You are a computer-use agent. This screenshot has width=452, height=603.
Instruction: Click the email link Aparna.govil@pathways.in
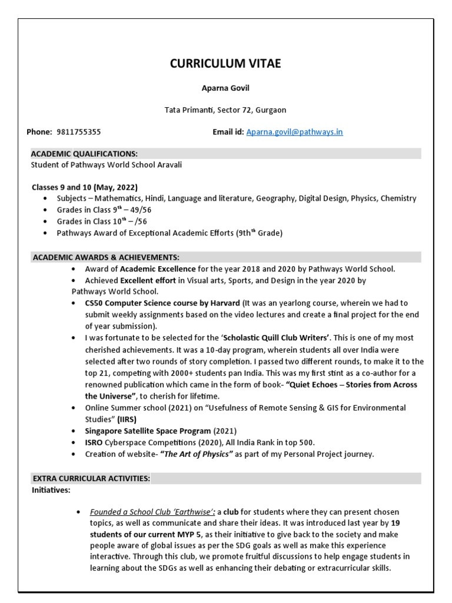[x=294, y=132]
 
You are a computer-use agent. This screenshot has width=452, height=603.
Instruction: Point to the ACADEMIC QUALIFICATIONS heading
[x=85, y=154]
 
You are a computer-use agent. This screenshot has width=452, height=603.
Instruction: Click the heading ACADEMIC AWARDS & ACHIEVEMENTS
[x=106, y=257]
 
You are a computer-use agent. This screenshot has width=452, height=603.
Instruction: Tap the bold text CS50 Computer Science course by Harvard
[x=162, y=303]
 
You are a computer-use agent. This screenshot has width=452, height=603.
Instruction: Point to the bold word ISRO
[x=95, y=442]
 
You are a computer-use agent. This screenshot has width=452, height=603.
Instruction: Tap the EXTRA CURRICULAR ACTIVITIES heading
[x=91, y=478]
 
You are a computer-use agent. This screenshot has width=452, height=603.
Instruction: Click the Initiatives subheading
[x=51, y=489]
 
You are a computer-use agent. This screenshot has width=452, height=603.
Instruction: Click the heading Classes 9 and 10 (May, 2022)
[x=84, y=187]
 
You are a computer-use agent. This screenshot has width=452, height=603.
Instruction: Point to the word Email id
[x=228, y=132]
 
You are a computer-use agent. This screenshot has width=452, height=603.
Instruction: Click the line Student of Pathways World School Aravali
[x=107, y=165]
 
